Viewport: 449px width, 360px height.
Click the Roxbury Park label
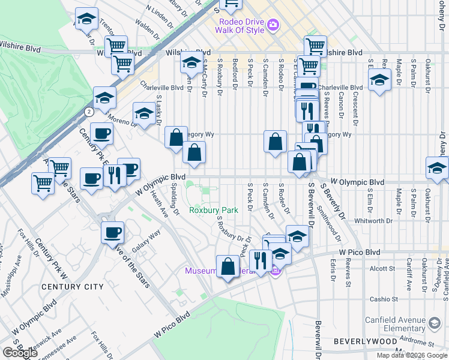tap(214, 210)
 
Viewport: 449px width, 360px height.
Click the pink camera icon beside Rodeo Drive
tap(274, 25)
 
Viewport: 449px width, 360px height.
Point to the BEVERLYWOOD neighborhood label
tap(363, 341)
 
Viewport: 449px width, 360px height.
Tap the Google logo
tap(20, 352)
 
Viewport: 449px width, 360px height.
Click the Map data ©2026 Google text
tap(411, 355)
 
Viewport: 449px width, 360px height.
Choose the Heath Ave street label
tap(159, 203)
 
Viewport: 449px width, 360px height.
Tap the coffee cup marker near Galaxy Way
tap(112, 233)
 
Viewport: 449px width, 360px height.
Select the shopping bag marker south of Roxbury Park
tap(228, 266)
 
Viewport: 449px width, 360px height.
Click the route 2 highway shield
tap(89, 112)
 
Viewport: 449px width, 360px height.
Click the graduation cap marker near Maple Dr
tap(379, 82)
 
